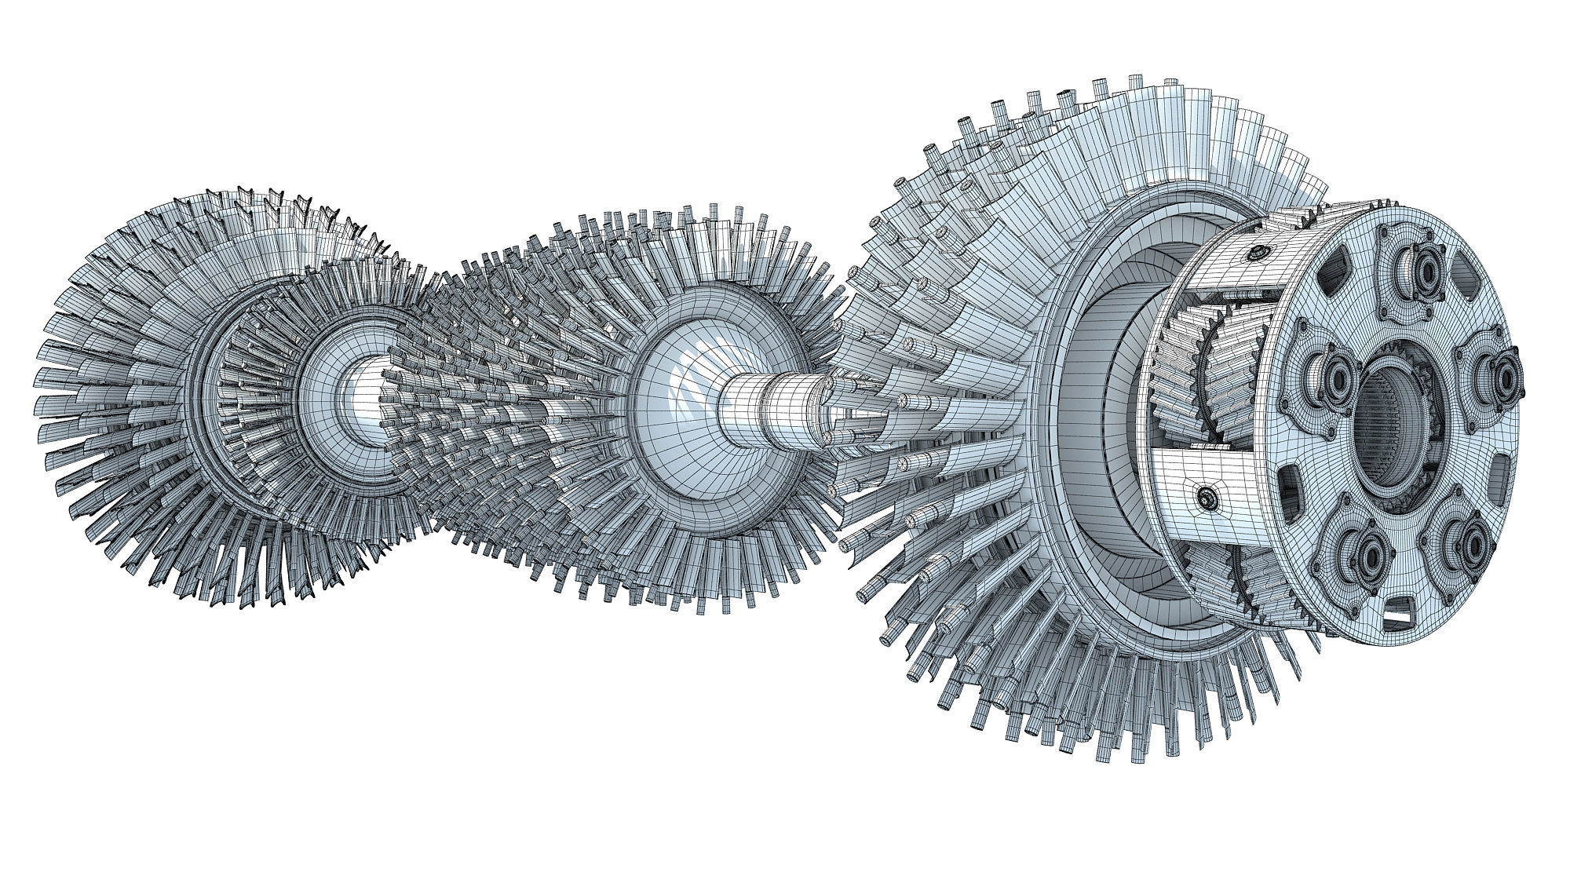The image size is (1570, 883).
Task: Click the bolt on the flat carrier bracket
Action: tap(1205, 495)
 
